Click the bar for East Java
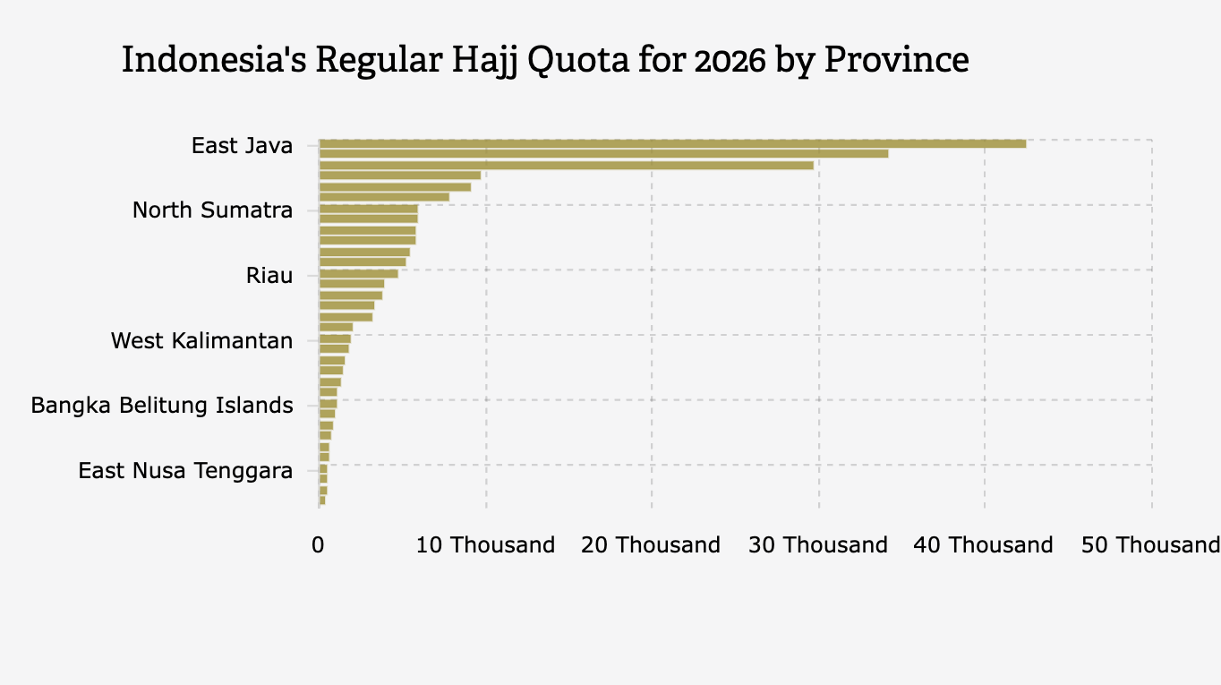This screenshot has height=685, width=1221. [x=671, y=143]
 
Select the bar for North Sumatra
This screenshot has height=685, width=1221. [x=368, y=209]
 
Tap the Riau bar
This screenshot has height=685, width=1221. [x=358, y=273]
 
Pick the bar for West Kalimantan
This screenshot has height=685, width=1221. [x=335, y=338]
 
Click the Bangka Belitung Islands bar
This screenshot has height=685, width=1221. [x=328, y=404]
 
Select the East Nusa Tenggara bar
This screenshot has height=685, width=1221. [x=323, y=468]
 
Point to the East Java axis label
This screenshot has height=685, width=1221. [x=242, y=145]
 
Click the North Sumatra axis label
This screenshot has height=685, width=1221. [x=212, y=210]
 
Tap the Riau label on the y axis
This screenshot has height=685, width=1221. [x=269, y=276]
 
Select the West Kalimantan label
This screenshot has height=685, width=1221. [x=201, y=341]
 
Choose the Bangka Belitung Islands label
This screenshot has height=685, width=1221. [x=161, y=406]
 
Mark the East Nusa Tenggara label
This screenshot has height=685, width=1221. [x=184, y=471]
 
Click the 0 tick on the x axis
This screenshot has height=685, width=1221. [x=318, y=545]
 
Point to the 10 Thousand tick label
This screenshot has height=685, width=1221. [x=485, y=545]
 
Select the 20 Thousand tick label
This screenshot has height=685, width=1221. [x=651, y=545]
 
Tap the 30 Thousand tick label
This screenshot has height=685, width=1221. [x=817, y=545]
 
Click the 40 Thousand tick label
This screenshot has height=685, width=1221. [x=983, y=545]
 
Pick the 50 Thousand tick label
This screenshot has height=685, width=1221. [x=1150, y=545]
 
